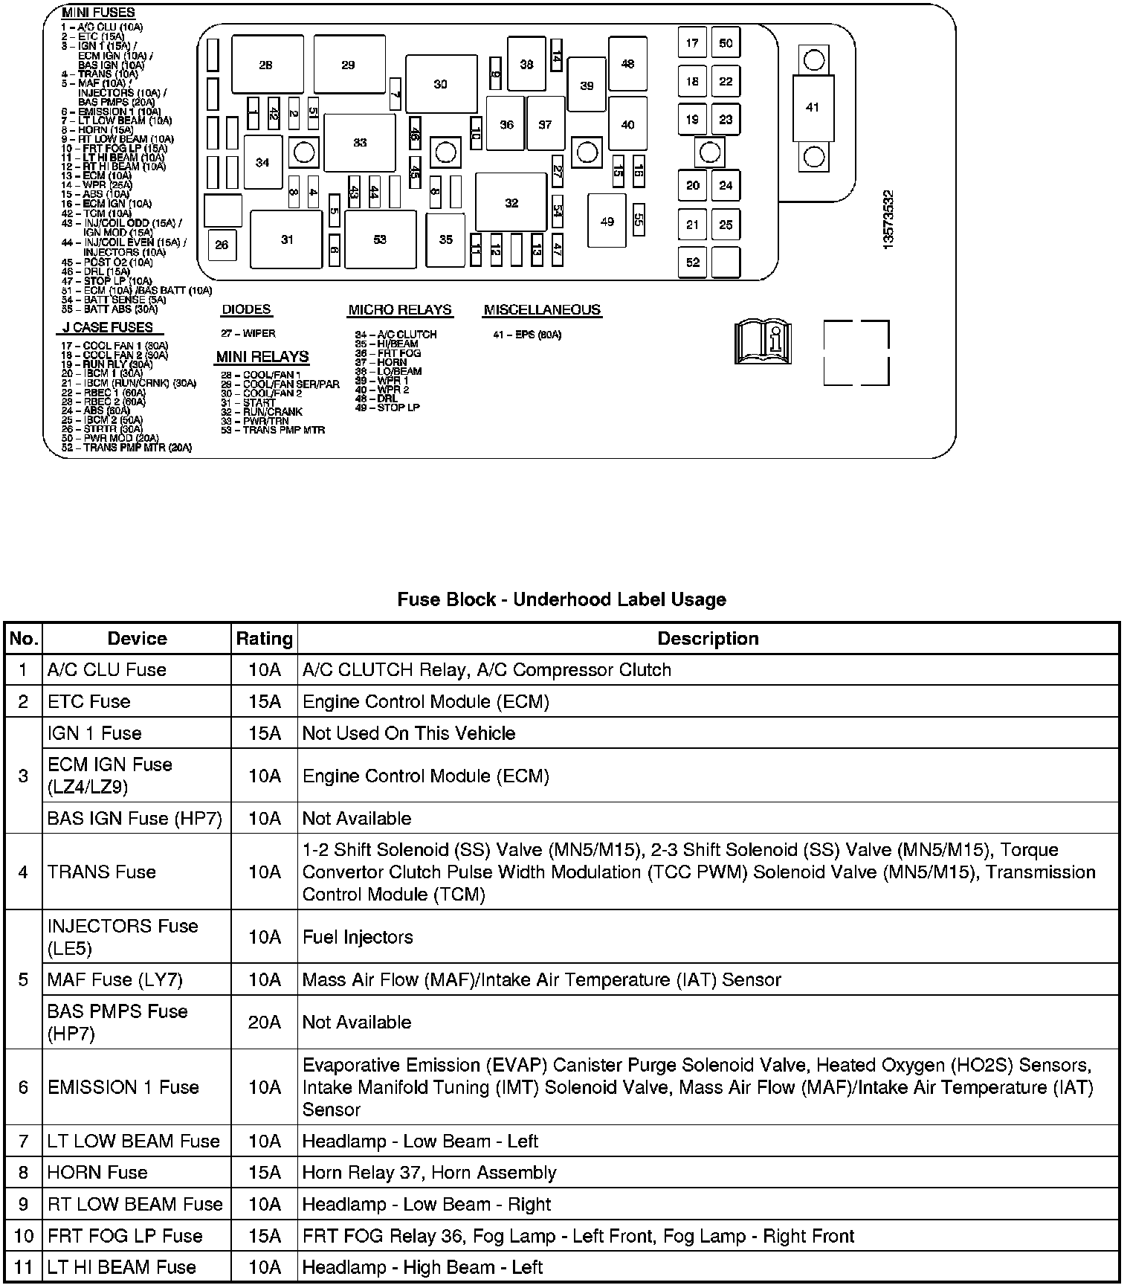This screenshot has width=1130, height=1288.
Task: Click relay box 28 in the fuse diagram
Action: coord(267,65)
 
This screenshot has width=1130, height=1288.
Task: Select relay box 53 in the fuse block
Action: coord(380,239)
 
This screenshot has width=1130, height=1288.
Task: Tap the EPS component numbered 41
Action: coord(813,107)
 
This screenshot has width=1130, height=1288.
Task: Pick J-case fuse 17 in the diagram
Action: coord(692,42)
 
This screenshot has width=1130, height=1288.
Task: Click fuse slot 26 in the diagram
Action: coord(222,245)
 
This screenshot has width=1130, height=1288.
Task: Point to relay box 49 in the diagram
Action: coord(607,221)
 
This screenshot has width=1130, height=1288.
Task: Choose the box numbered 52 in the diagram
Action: coord(692,262)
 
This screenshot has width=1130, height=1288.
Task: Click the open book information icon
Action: coord(763,343)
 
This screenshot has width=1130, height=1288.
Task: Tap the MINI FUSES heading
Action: coord(98,13)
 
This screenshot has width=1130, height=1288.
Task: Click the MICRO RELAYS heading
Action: coord(400,309)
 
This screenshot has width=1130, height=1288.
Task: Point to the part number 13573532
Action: coord(888,220)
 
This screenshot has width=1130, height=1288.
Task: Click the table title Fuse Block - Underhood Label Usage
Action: coord(561,599)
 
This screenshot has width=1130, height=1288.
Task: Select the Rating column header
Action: coord(264,638)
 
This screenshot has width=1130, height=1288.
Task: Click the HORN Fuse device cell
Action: coord(97,1172)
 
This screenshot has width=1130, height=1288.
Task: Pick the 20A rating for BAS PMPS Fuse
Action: coord(264,1022)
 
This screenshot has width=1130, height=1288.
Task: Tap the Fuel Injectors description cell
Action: coord(358,937)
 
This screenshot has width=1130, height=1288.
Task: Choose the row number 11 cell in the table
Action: coord(23,1266)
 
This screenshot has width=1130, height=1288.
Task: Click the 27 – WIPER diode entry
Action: coord(248,333)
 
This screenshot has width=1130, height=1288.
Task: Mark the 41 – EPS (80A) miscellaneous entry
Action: coord(527,335)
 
